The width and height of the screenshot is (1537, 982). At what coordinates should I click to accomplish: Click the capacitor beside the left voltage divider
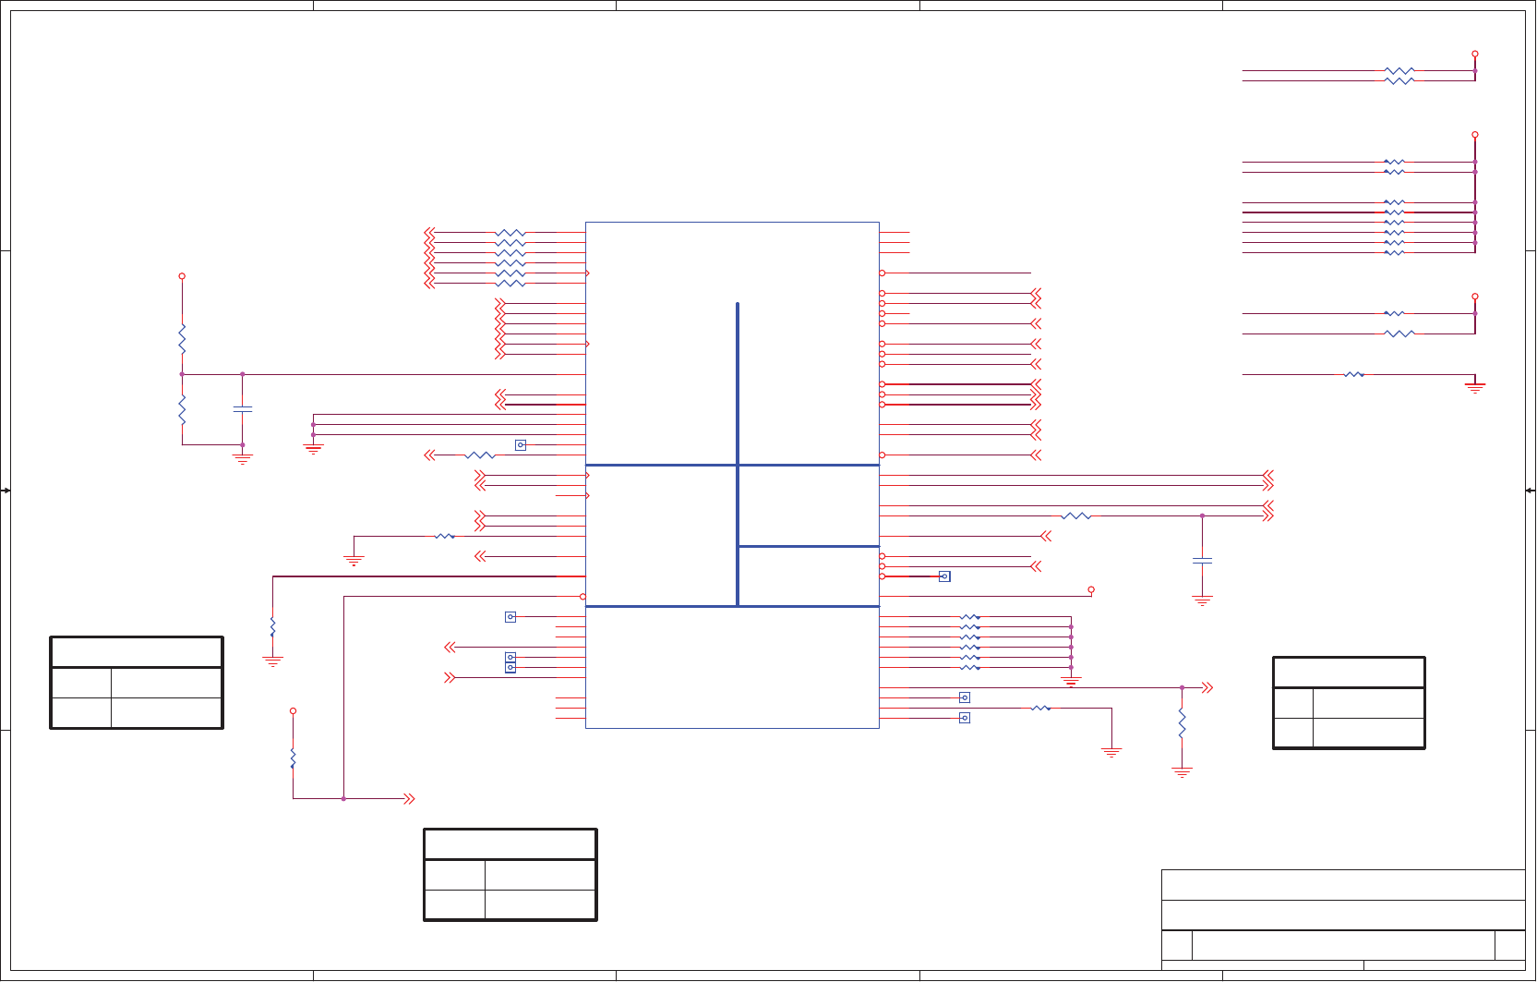243,408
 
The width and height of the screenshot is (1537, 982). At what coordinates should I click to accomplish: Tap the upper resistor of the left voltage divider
182,339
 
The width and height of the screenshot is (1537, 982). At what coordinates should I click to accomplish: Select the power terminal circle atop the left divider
182,276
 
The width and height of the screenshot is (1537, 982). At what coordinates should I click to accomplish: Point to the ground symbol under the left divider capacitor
243,457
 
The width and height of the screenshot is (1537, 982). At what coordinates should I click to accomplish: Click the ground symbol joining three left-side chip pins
313,449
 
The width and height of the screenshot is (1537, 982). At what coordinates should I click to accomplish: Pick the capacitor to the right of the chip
1202,560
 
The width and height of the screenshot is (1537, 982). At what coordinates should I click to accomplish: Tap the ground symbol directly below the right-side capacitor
1202,600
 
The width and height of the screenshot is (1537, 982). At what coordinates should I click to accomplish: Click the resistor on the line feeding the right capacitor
1076,515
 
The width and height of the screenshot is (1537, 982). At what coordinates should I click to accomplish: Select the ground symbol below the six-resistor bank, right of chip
1071,682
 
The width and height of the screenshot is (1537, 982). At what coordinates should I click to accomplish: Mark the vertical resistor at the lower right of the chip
1182,723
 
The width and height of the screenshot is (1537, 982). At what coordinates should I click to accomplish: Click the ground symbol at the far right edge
1475,387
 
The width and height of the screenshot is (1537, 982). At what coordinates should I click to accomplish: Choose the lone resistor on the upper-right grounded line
1353,374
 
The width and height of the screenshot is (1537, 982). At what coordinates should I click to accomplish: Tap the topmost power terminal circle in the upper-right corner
1475,55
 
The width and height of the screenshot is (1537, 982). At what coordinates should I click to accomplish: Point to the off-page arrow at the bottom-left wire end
409,798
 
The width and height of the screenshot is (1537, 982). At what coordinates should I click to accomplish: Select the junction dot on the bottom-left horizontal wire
343,798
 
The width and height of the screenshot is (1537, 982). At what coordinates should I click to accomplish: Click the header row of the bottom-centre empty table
510,844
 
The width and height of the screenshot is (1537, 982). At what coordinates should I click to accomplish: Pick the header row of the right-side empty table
1349,673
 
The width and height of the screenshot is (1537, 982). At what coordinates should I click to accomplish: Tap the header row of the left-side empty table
137,652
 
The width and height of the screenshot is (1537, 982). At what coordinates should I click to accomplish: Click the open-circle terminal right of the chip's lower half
1091,589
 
